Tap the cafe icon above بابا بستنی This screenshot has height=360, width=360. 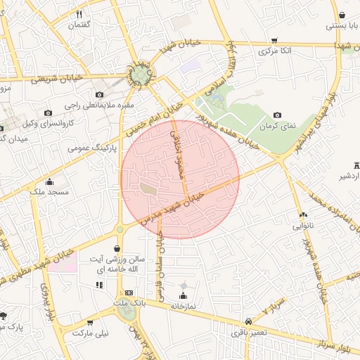click(342, 15)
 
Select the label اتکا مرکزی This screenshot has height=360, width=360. click(274, 51)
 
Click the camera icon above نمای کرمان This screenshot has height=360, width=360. click(277, 115)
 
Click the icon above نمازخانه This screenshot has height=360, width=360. click(184, 295)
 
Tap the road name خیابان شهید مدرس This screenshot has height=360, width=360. click(172, 206)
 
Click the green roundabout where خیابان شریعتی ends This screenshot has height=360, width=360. click(139, 75)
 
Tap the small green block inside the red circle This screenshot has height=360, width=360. click(148, 188)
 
